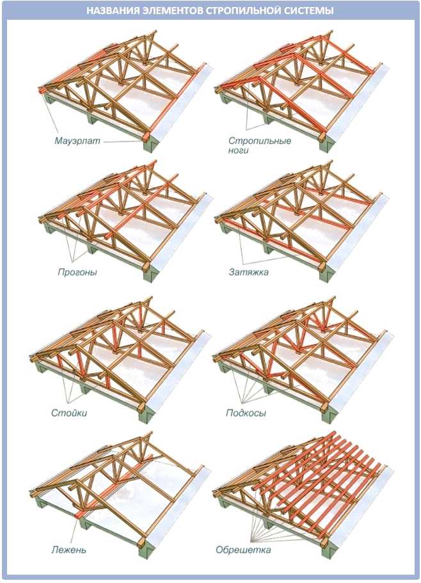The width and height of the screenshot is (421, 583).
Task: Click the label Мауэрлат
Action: pyautogui.click(x=77, y=140)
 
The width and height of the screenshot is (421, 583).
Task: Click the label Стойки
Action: pyautogui.click(x=68, y=413)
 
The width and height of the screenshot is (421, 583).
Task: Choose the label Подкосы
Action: pyautogui.click(x=246, y=413)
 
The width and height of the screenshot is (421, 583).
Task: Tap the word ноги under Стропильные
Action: pyautogui.click(x=238, y=151)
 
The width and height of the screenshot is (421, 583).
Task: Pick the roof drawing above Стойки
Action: pyautogui.click(x=122, y=352)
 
